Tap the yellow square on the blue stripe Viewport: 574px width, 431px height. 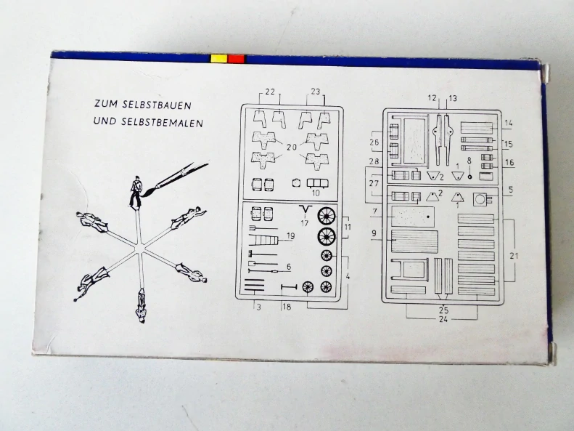218,59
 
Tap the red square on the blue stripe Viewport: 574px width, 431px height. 236,59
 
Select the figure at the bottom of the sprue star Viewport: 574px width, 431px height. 141,306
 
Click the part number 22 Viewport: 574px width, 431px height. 270,92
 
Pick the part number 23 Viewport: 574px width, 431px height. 315,92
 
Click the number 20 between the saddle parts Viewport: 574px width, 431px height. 292,148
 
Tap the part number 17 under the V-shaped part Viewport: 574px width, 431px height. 305,222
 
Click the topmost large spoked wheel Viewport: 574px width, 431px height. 327,216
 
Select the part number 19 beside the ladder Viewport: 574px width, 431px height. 291,236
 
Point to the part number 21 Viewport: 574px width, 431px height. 514,256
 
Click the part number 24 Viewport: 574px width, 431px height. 443,319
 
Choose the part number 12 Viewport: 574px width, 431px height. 432,98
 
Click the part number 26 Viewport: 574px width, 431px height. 374,142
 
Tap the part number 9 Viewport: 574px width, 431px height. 374,233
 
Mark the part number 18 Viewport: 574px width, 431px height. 287,307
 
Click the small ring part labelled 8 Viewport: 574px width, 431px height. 470,177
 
